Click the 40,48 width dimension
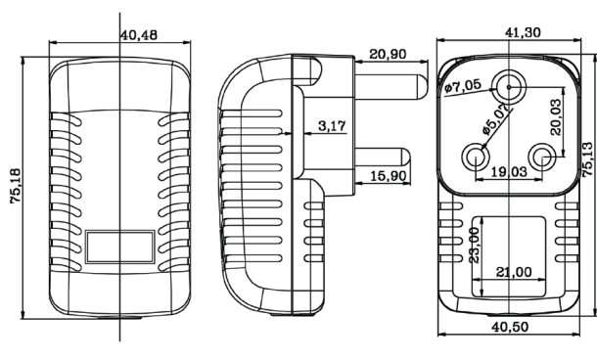pyautogui.click(x=139, y=35)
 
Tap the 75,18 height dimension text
pyautogui.click(x=17, y=186)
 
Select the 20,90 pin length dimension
pyautogui.click(x=388, y=54)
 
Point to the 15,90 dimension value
pyautogui.click(x=388, y=176)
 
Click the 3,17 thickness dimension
pyautogui.click(x=333, y=125)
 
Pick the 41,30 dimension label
pyautogui.click(x=523, y=32)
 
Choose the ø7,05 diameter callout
pyautogui.click(x=463, y=86)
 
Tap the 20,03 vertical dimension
pyautogui.click(x=556, y=117)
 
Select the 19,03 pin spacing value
pyautogui.click(x=509, y=171)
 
